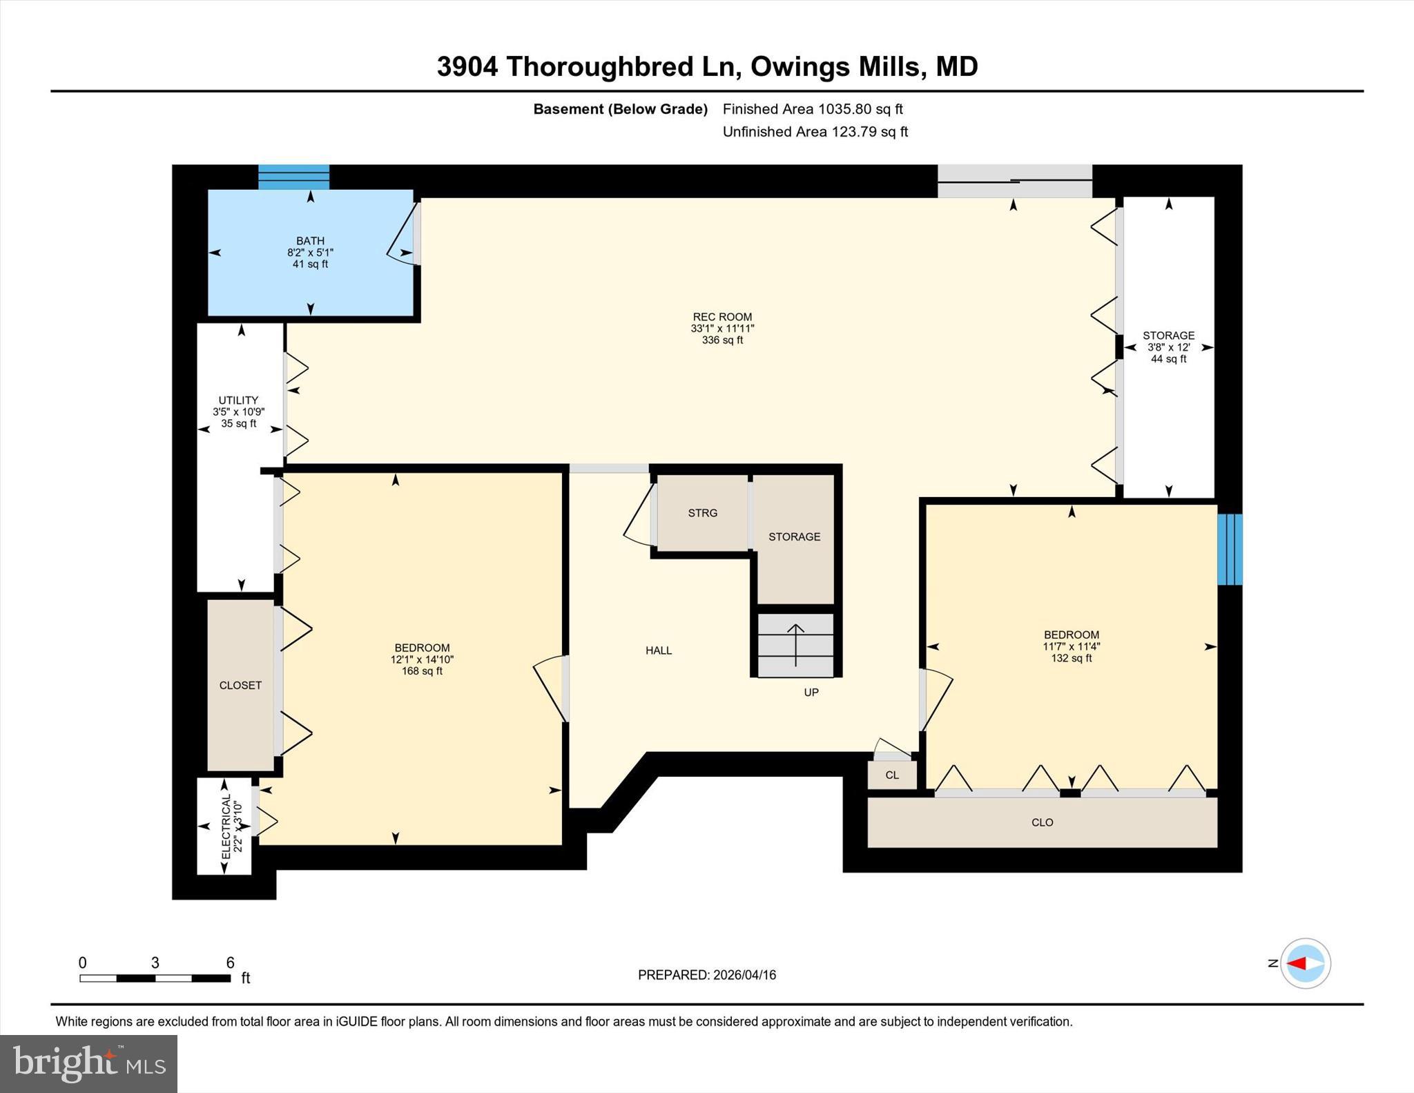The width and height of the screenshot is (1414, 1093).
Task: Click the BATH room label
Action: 310,252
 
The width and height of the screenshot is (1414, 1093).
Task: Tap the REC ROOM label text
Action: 722,328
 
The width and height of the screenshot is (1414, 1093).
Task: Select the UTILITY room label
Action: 238,411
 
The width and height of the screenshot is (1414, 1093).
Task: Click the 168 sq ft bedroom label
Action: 422,659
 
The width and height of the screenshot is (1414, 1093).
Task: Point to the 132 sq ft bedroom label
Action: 1071,646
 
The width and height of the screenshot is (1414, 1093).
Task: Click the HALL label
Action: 659,650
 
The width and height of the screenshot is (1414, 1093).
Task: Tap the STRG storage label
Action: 702,513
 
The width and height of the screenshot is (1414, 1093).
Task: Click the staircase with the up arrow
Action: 795,645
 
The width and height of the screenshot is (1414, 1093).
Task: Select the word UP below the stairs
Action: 811,692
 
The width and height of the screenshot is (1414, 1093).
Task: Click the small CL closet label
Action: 892,775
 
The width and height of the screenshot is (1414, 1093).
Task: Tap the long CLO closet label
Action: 1042,822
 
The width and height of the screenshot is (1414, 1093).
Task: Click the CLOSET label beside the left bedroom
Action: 240,685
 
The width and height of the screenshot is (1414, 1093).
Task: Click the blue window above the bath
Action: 293,177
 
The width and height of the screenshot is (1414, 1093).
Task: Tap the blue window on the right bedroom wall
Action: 1229,549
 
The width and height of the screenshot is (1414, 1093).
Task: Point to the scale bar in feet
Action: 155,978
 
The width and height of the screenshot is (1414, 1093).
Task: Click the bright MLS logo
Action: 88,1063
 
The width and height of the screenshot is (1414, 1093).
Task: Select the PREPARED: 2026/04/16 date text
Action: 706,975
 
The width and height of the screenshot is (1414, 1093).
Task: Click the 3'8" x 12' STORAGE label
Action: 1168,347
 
